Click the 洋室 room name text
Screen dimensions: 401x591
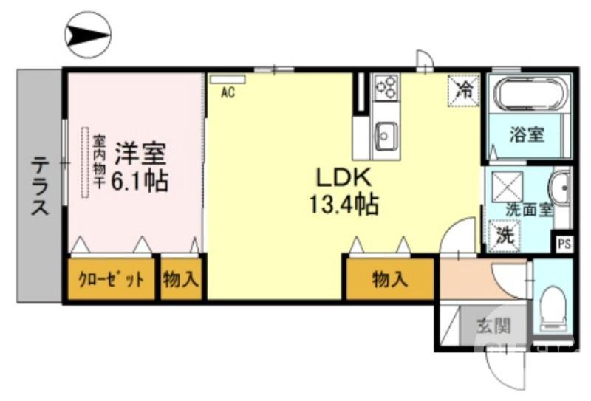(140, 154)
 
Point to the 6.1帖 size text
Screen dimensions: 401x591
(140, 180)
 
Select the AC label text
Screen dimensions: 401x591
(228, 92)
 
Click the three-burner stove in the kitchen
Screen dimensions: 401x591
(386, 89)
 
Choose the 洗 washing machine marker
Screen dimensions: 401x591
(505, 238)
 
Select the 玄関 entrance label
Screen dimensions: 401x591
(491, 325)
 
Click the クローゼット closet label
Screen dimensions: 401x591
(112, 279)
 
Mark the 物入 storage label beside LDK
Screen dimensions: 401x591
(389, 279)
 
